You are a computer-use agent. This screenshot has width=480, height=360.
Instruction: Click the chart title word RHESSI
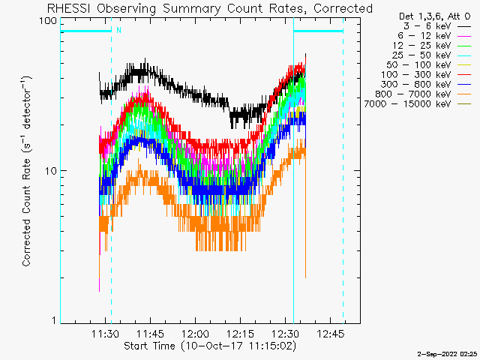68,8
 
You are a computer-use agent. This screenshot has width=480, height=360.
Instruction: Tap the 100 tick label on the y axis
48,21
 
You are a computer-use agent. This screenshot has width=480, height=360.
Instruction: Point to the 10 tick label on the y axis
51,171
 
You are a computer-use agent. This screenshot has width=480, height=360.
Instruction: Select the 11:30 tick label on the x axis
105,334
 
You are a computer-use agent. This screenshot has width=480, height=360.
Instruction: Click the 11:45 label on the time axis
150,334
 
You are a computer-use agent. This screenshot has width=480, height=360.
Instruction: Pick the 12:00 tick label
195,334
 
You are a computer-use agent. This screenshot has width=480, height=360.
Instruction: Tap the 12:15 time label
240,334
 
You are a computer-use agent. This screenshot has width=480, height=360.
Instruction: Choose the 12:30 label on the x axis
285,334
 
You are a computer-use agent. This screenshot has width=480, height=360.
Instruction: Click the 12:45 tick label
330,334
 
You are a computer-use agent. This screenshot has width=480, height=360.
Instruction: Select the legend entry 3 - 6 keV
427,26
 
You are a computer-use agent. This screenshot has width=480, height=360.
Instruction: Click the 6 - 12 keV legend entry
424,36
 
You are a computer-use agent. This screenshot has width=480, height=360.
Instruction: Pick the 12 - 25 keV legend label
421,46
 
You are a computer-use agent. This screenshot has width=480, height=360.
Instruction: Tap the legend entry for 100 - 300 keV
416,75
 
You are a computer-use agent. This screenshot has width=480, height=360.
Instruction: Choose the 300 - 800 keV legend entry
416,85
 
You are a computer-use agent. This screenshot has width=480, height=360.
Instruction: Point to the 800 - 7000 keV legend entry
413,94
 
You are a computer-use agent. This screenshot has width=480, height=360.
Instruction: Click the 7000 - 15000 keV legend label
408,104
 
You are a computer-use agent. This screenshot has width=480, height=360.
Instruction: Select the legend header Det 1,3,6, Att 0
434,16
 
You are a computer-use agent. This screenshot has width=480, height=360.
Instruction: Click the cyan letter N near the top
118,30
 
